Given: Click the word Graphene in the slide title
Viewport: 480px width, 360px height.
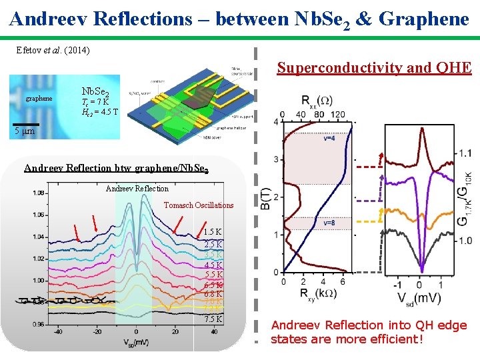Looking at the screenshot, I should pyautogui.click(x=424, y=19).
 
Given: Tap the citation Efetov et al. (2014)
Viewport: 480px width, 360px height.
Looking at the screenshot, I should pyautogui.click(x=53, y=50).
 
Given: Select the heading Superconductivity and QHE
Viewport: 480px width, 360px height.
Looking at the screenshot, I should pyautogui.click(x=374, y=67).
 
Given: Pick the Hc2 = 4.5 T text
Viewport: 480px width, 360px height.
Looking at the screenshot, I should pyautogui.click(x=100, y=111).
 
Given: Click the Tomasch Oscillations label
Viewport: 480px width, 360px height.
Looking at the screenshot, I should pyautogui.click(x=199, y=205).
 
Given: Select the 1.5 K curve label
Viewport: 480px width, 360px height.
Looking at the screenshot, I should pyautogui.click(x=213, y=232).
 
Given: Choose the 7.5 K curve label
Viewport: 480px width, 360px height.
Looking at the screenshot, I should pyautogui.click(x=213, y=319).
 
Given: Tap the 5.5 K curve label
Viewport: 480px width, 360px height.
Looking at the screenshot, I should pyautogui.click(x=213, y=275).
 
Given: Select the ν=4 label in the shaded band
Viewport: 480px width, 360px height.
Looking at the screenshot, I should pyautogui.click(x=329, y=139).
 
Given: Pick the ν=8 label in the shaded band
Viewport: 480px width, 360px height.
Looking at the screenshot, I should pyautogui.click(x=329, y=223).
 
